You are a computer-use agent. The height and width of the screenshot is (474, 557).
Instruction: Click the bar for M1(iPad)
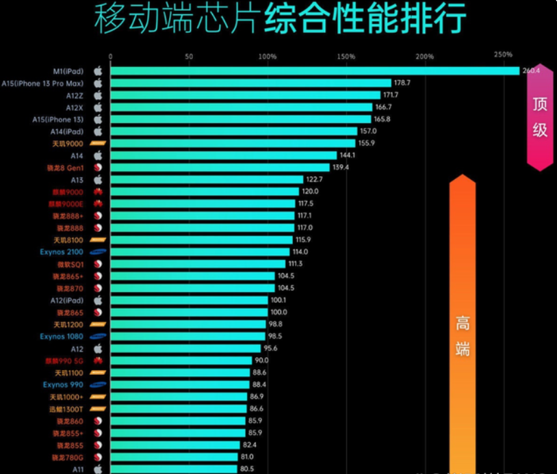[x=315, y=70]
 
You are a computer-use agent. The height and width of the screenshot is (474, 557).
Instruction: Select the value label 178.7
[x=402, y=83]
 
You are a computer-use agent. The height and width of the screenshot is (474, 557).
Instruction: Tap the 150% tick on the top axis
[x=346, y=56]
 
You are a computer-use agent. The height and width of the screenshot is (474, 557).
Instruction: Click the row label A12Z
[x=74, y=95]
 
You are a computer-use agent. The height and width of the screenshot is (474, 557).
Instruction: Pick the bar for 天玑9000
[x=233, y=143]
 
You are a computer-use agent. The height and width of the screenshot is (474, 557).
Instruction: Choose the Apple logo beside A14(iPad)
[x=97, y=131]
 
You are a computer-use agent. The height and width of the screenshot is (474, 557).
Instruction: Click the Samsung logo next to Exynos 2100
[x=97, y=252]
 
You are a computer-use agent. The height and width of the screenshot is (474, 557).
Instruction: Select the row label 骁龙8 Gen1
[x=64, y=168]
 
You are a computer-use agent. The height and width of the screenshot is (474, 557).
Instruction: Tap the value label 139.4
[x=340, y=168]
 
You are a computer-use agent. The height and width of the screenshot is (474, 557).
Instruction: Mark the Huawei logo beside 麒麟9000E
[x=97, y=204]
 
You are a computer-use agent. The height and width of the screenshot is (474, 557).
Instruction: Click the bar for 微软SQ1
[x=198, y=264]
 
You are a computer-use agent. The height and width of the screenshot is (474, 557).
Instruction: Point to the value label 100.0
[x=278, y=312]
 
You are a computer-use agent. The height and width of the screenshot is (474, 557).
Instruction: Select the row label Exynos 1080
[x=62, y=337]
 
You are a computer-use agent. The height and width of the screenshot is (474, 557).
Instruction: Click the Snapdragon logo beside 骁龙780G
[x=97, y=457]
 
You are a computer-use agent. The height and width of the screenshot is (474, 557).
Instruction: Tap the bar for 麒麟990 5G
[x=181, y=360]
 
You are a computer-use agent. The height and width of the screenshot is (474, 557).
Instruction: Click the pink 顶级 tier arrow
[x=540, y=116]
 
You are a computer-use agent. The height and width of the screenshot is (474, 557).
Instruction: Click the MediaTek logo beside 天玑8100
[x=97, y=240]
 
